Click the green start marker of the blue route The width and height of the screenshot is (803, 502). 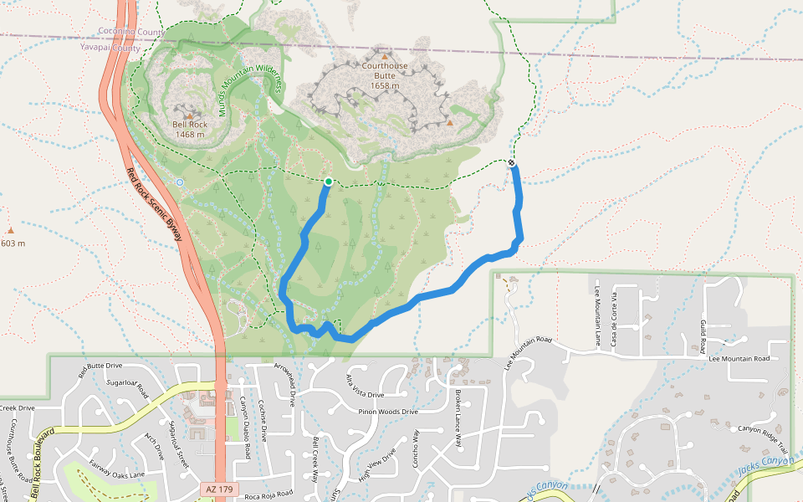click(329, 182)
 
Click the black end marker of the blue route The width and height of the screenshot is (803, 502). click(512, 162)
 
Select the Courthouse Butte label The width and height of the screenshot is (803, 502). click(385, 70)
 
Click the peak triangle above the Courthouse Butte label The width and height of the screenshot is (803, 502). click(385, 57)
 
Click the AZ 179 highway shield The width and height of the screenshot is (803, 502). click(219, 488)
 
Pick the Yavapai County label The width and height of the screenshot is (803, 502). click(121, 49)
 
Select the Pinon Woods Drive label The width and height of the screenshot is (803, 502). click(386, 412)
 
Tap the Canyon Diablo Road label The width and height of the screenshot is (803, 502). click(246, 427)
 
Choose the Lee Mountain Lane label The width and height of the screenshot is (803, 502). click(597, 315)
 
